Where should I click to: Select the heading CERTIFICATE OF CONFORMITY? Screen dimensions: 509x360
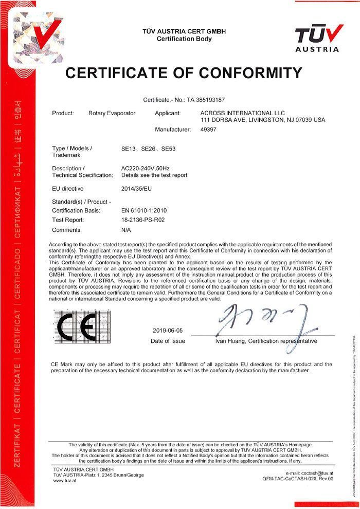click(x=184, y=73)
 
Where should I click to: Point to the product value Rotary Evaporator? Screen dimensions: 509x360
click(x=112, y=113)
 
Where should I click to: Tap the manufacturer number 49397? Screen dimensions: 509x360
click(x=208, y=130)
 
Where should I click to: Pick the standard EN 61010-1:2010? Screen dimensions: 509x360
click(x=144, y=211)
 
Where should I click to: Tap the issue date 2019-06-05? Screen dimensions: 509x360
click(x=168, y=331)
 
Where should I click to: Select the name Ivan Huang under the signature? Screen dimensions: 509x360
click(x=231, y=341)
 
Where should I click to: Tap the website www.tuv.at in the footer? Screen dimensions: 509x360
click(x=65, y=481)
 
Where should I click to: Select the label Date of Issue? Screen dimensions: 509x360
click(x=168, y=341)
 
